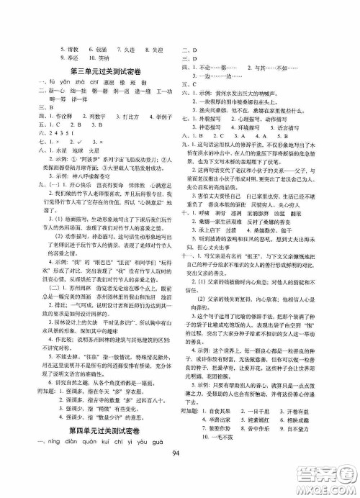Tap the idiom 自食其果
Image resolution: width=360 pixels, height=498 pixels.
(x=228, y=429)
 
